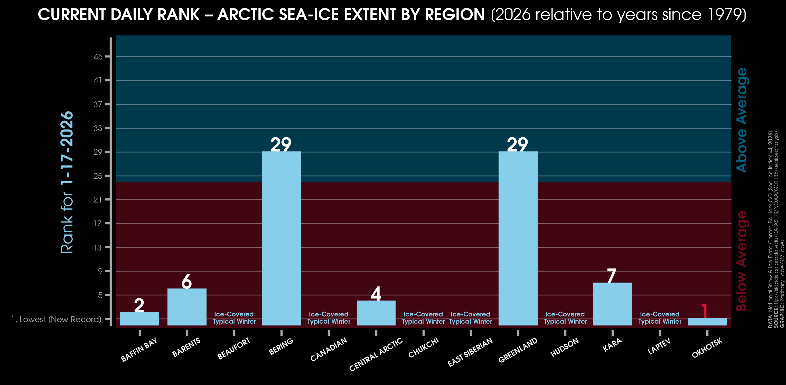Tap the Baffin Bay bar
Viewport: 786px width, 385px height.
[139, 319]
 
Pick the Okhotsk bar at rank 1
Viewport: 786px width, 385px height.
[707, 322]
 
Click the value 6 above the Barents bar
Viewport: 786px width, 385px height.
[186, 281]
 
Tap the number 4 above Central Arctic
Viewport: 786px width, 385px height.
[376, 294]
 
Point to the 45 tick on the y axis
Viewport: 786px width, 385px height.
[98, 57]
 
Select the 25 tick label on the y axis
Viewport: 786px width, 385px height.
[98, 176]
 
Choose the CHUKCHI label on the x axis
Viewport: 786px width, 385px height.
[423, 348]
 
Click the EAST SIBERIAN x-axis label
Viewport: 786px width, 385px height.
[470, 352]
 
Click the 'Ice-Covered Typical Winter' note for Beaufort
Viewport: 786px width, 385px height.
[234, 318]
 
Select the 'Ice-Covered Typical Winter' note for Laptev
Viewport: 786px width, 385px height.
[660, 318]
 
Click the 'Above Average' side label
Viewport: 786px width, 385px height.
[742, 120]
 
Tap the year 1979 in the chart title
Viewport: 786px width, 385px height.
[723, 14]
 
